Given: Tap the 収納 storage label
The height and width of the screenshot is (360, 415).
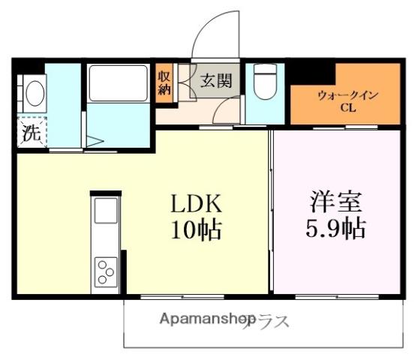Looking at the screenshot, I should coord(164,82).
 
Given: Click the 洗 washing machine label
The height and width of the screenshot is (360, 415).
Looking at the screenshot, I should coord(30,135).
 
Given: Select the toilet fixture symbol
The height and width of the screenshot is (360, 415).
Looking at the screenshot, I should coord(264,82).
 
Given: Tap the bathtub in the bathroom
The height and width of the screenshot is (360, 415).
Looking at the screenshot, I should coord(118,84).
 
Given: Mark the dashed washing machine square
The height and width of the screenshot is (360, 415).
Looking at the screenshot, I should coord(31,135).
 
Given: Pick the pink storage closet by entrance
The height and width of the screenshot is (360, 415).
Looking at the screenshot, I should coord(164,82).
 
